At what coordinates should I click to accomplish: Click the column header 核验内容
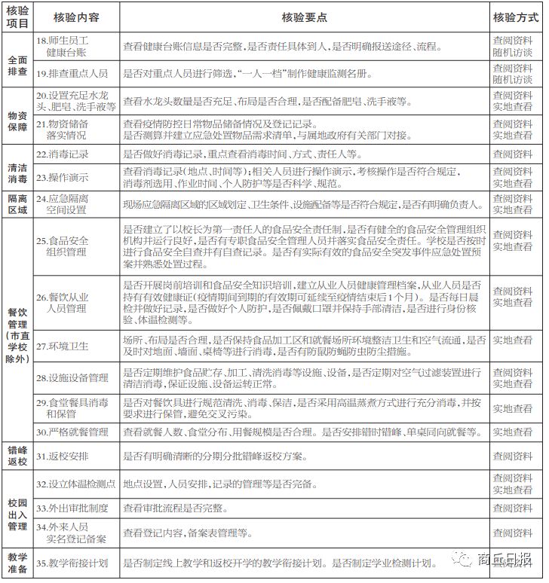pos(75,17)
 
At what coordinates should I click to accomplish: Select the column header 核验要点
pos(304,17)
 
